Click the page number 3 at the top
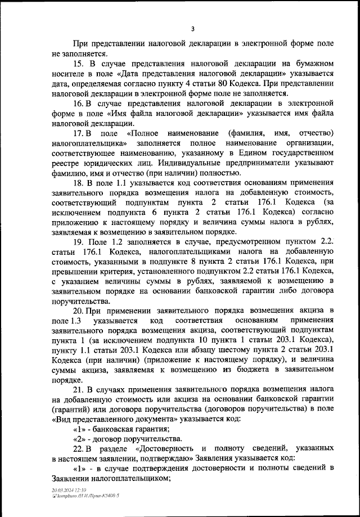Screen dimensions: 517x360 [x=192, y=29]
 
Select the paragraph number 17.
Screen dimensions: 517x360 [x=79, y=133]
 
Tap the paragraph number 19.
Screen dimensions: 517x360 [x=79, y=257]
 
